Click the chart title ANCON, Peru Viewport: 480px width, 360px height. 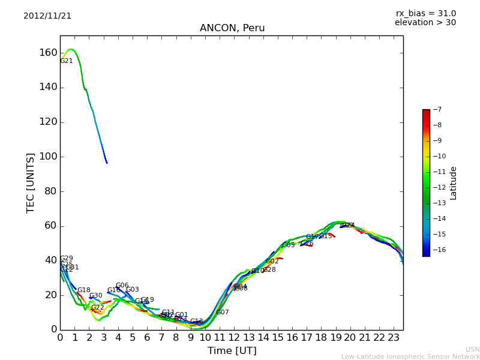click(232, 28)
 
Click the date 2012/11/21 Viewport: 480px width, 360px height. click(47, 16)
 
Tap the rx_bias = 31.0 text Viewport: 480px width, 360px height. click(425, 14)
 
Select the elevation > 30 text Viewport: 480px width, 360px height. click(425, 23)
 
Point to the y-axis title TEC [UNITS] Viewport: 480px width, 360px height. click(31, 182)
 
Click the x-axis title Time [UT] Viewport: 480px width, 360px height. click(232, 351)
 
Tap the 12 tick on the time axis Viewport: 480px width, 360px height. click(234, 337)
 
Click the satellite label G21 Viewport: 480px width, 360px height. click(67, 61)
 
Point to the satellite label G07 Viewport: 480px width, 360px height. click(223, 313)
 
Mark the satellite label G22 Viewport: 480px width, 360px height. click(98, 308)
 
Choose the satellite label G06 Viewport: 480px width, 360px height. click(122, 286)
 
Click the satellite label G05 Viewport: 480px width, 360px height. click(289, 245)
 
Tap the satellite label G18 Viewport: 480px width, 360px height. click(84, 290)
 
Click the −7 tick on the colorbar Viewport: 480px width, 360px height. click(436, 110)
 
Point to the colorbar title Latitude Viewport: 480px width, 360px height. click(454, 183)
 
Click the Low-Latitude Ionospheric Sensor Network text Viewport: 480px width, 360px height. click(410, 357)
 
